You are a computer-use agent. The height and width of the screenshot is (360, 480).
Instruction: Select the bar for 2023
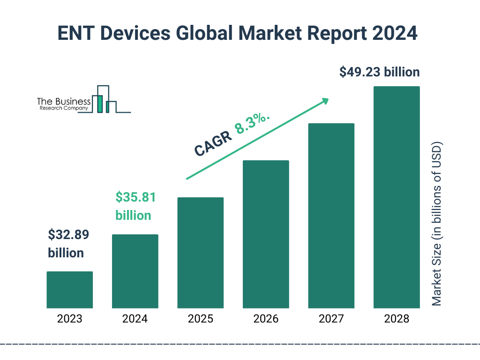(x=69, y=290)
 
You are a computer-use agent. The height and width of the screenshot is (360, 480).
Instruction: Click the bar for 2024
(x=135, y=271)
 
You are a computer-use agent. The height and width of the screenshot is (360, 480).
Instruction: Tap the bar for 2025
(x=200, y=253)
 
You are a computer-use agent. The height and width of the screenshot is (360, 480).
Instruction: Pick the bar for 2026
(x=266, y=234)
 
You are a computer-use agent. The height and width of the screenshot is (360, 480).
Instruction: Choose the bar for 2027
(x=331, y=216)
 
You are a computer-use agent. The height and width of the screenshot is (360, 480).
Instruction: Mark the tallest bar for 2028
(x=397, y=197)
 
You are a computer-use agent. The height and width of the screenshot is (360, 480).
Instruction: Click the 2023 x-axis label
(x=69, y=319)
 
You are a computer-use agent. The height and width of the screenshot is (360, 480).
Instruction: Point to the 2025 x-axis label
(x=200, y=319)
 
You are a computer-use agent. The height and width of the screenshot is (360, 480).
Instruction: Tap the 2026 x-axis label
(x=266, y=319)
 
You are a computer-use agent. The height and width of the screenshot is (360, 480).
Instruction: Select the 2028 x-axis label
(x=397, y=319)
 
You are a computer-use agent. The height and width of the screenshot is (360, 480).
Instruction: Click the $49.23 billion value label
(x=379, y=72)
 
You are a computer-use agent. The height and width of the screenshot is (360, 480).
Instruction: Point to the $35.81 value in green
(x=135, y=197)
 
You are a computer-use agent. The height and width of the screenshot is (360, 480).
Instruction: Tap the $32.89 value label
(x=68, y=234)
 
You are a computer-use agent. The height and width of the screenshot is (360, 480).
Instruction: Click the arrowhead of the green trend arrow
(x=324, y=101)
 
